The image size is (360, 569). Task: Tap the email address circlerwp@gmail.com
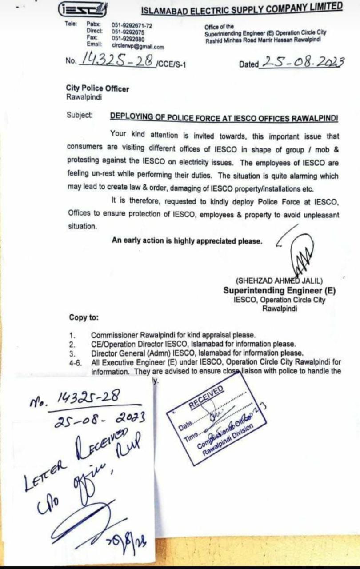(138, 46)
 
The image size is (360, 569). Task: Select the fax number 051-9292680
(128, 38)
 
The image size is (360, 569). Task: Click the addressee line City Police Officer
(98, 88)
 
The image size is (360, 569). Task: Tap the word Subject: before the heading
(80, 115)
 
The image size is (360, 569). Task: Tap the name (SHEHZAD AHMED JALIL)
(280, 281)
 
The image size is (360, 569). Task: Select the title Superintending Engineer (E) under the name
(280, 291)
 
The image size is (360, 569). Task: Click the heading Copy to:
(84, 317)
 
